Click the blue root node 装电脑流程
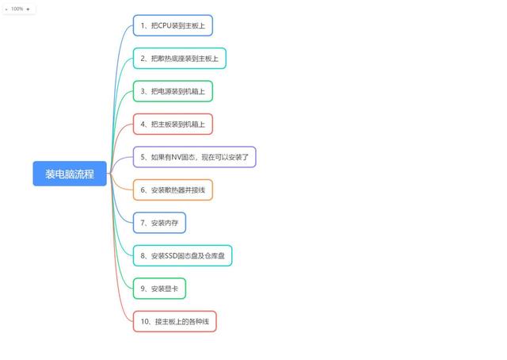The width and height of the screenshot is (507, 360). pos(70,174)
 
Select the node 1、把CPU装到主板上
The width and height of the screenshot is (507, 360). pos(173,25)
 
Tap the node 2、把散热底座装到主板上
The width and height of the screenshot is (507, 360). pos(180,58)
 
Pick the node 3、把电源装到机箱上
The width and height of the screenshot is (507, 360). pos(173,91)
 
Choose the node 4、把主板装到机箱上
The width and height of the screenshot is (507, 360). pos(173,124)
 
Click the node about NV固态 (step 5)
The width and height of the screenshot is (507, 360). pos(194,157)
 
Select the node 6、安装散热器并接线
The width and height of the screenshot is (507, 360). pos(173,190)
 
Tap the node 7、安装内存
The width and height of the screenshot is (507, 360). pos(159,223)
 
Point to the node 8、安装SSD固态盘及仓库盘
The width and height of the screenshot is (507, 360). pos(182,256)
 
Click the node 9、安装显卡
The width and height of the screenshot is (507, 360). pos(159,289)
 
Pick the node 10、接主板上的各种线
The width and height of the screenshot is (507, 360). pos(174,321)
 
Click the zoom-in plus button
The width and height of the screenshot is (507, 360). pos(29,9)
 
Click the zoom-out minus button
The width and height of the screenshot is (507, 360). pos(6,10)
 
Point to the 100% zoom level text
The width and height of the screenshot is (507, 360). pos(17,9)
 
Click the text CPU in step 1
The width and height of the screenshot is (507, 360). pos(164,25)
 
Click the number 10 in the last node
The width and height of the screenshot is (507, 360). pos(145,321)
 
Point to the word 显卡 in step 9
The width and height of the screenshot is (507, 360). pos(171,289)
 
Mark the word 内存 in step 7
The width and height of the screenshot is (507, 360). pos(171,223)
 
